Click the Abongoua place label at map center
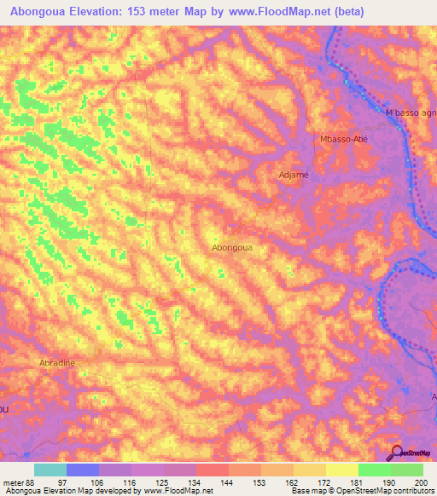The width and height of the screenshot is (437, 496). coord(231,247)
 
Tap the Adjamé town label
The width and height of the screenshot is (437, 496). coord(294,175)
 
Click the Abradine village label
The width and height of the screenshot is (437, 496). coord(57,362)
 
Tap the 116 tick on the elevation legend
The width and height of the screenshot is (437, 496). coord(131,482)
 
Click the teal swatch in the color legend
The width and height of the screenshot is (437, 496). coord(50,470)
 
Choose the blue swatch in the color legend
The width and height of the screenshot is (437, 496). coord(83,470)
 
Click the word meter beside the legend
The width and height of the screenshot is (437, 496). coord(13,482)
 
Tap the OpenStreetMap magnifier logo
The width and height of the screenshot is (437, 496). coord(397,453)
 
